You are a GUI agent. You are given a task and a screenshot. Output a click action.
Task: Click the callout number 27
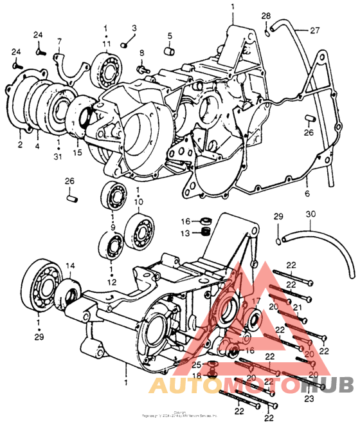coord(314,30)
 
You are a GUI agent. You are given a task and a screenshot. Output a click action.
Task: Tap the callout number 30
coord(310,216)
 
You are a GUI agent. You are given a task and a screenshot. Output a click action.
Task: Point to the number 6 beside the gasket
coord(307,192)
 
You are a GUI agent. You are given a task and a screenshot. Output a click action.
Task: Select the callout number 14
coord(70,265)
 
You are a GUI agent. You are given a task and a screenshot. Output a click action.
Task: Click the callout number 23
coord(309,399)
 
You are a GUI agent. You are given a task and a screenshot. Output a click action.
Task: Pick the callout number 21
coord(297,308)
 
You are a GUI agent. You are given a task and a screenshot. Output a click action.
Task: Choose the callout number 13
coord(184,232)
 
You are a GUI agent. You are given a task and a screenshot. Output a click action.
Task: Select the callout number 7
coord(59,42)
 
